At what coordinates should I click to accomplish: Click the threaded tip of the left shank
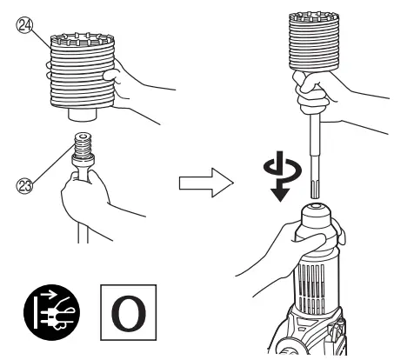click(84, 144)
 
